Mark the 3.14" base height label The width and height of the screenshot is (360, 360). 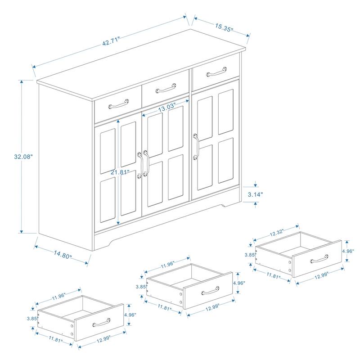tap(256, 194)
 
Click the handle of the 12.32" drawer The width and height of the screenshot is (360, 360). tap(319, 258)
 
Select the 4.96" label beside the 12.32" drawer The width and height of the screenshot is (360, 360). tap(348, 251)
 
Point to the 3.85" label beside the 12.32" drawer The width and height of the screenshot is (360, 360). tap(250, 255)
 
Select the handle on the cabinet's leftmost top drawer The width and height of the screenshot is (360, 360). tap(117, 104)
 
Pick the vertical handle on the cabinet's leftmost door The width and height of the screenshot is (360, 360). tap(139, 165)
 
